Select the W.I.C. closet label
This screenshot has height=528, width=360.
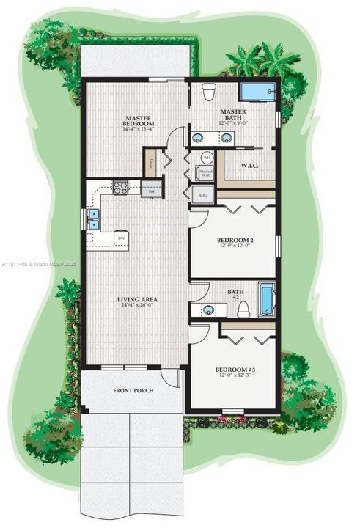[x=251, y=165]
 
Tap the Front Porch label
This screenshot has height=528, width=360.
[x=133, y=390]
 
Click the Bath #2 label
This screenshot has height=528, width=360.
[x=235, y=295]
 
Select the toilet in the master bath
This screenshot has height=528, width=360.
[x=209, y=93]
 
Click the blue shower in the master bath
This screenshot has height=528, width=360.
[x=257, y=93]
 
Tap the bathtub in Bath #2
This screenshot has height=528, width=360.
[x=267, y=300]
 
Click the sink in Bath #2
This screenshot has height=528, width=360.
[x=208, y=309]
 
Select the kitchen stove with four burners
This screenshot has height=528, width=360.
[x=120, y=187]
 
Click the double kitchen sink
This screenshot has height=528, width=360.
[x=94, y=219]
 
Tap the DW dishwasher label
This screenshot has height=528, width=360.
[x=120, y=238]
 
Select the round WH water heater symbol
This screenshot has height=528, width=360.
[x=207, y=157]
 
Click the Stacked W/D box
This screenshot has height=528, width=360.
[x=206, y=174]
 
